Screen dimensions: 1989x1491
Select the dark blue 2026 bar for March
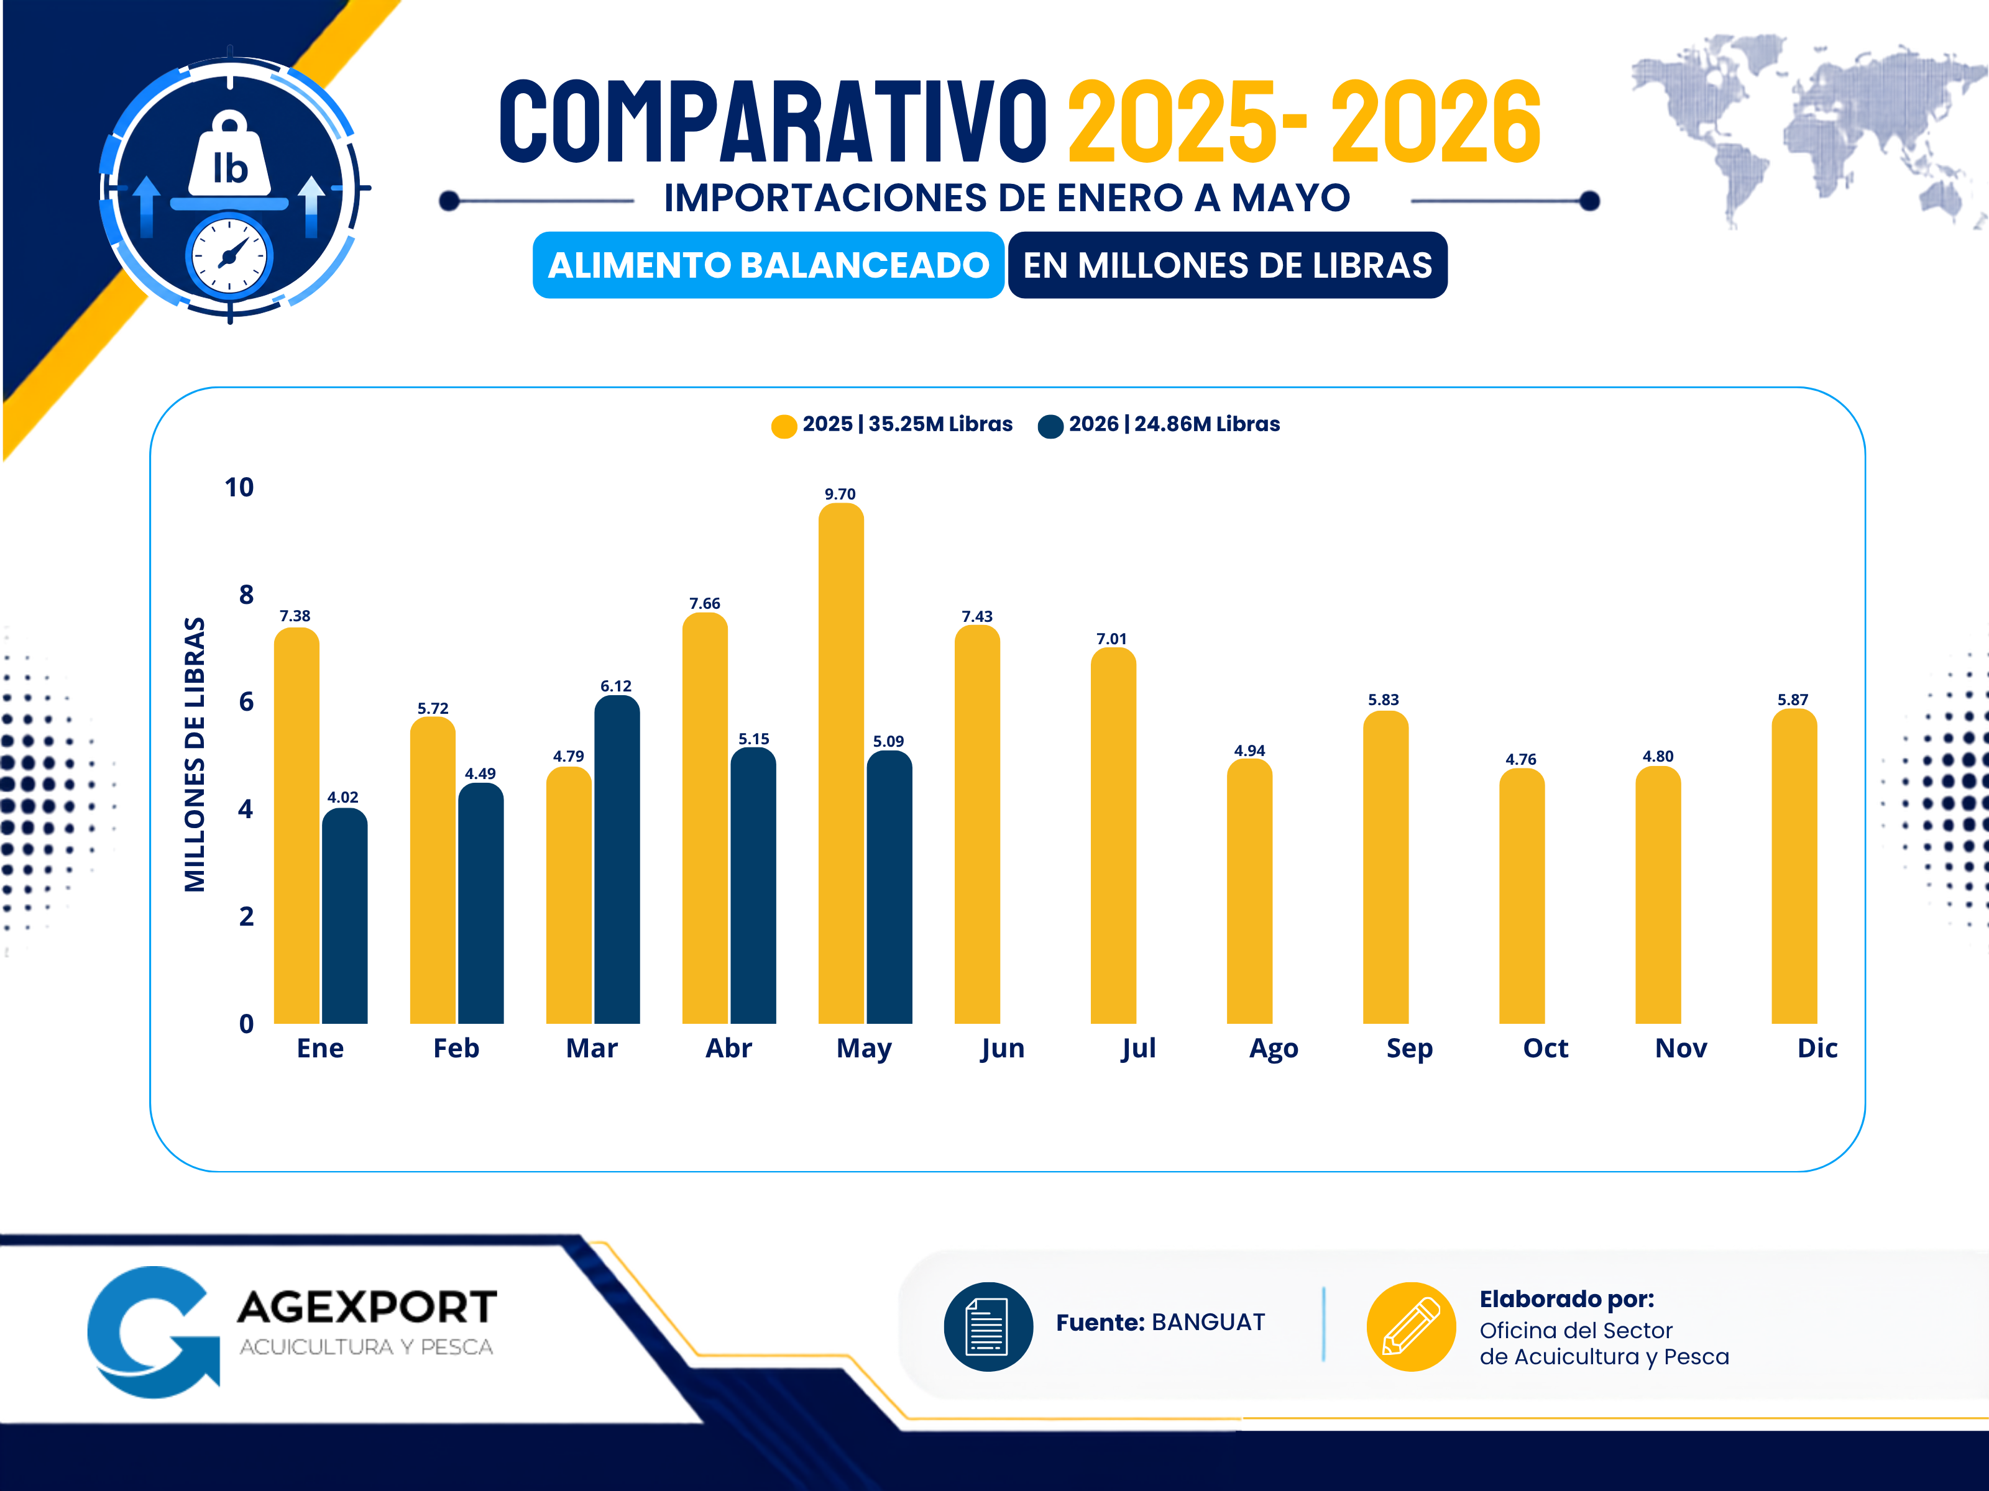[617, 859]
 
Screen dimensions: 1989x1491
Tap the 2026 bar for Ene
[344, 916]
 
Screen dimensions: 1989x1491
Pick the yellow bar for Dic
[1794, 867]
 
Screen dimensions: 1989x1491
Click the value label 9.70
[840, 493]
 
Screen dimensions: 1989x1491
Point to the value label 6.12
[616, 686]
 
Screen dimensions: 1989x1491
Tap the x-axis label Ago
[1273, 1049]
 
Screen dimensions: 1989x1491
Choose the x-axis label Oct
[1545, 1048]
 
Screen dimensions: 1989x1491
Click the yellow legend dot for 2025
[784, 426]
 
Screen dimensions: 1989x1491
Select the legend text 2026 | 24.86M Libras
[1174, 424]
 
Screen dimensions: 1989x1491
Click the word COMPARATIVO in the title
[773, 121]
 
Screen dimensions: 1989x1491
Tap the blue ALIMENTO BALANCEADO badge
[769, 265]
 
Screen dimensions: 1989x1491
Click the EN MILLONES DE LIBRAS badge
[1228, 265]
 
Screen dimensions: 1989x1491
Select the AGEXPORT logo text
[367, 1306]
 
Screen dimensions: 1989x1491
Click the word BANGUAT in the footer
[1208, 1322]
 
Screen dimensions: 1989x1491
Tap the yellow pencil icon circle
[1411, 1326]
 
